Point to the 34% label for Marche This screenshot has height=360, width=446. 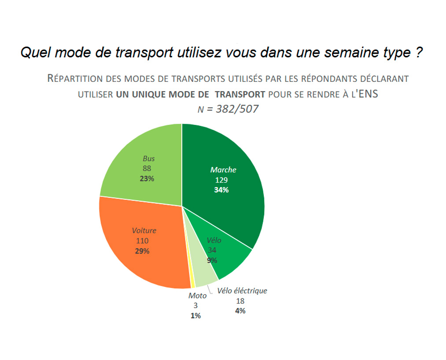tap(221, 190)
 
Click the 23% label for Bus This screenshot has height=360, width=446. tap(147, 179)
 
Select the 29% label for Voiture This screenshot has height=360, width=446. tap(142, 251)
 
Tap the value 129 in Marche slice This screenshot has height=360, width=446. tap(221, 180)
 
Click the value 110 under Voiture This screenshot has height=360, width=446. tap(142, 241)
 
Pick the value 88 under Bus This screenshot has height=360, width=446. tap(147, 169)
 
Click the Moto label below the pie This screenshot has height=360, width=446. tap(197, 296)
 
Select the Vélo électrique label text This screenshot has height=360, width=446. tap(242, 291)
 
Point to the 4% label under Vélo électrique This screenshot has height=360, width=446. tap(240, 311)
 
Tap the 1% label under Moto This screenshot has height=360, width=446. tap(196, 316)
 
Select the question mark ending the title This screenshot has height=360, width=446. tap(420, 53)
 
